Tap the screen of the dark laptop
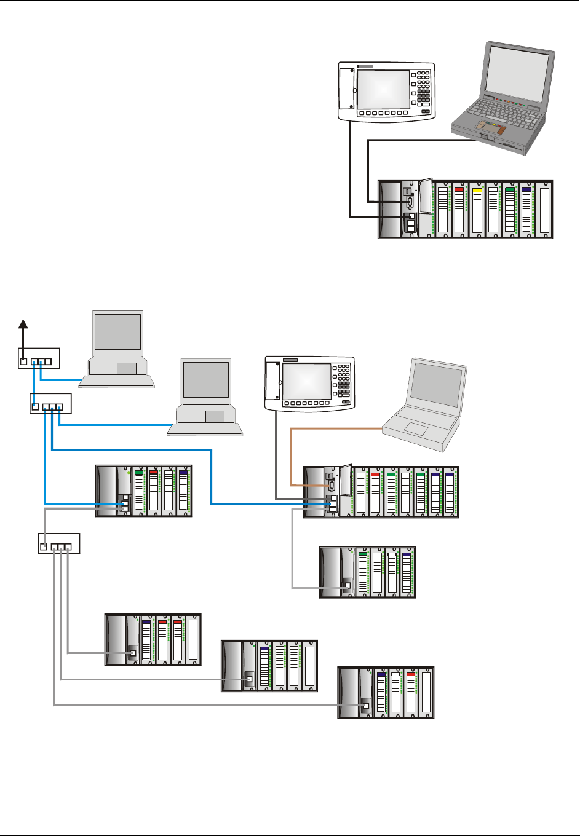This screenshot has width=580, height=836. (517, 70)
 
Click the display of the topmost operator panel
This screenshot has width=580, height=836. (383, 89)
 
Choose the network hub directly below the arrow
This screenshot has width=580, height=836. (38, 357)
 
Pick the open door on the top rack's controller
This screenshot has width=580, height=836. (425, 196)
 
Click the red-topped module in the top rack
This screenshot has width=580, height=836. (459, 209)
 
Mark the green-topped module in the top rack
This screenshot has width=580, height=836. (510, 209)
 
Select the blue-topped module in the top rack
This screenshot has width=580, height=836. (526, 209)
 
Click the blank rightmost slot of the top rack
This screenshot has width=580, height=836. (544, 210)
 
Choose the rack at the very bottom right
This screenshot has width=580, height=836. (386, 692)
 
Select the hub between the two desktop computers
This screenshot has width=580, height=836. (51, 404)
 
